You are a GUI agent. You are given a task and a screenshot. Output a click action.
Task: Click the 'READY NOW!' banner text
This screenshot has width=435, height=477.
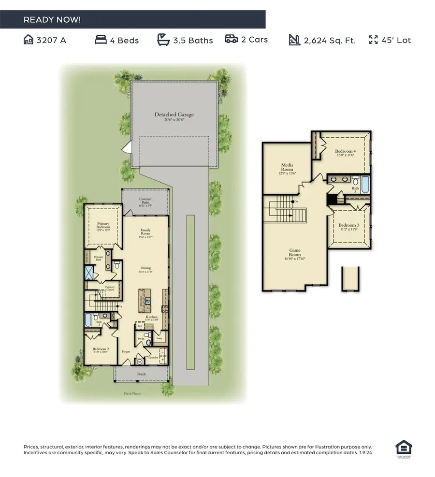52,20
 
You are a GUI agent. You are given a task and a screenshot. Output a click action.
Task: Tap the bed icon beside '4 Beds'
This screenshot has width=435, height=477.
101,40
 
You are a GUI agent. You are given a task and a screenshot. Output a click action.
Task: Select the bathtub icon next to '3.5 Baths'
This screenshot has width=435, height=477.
163,40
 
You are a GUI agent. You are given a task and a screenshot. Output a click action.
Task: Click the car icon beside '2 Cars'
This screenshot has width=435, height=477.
231,39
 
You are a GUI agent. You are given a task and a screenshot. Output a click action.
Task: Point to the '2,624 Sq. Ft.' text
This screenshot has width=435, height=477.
329,40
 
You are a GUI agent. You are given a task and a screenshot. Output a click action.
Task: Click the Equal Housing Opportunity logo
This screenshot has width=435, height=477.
402,448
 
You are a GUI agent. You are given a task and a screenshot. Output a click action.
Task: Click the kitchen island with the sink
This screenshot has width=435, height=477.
144,301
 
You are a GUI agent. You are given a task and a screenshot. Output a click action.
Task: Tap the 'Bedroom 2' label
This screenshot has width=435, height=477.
97,350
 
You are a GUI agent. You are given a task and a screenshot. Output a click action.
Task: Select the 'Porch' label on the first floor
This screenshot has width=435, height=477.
141,374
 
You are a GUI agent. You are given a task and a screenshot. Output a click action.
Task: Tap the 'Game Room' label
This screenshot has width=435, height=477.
295,252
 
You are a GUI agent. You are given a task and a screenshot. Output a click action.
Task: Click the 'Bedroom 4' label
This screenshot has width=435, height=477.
345,153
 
